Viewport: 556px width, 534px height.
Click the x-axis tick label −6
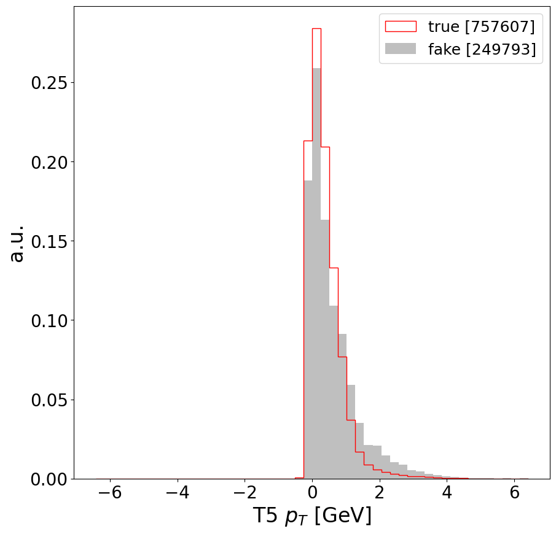point(106,494)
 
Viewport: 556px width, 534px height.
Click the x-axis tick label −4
point(173,494)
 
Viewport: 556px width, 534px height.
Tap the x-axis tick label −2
point(241,494)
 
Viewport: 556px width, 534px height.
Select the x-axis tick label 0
point(312,494)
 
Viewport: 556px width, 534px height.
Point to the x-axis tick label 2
point(380,494)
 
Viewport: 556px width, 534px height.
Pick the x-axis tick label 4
point(447,494)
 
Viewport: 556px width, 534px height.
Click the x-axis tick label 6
point(514,494)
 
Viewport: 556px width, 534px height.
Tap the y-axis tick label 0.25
point(49,83)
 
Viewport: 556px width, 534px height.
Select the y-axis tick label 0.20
point(49,162)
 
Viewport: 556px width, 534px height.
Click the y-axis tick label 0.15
point(49,241)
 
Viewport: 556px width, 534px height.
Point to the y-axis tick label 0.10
point(49,320)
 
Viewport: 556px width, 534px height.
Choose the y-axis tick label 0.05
point(49,400)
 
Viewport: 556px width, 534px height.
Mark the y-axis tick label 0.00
point(49,479)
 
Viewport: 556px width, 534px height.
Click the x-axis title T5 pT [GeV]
point(312,516)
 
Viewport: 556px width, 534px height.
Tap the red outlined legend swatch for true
point(400,26)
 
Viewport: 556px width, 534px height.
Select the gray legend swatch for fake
point(400,49)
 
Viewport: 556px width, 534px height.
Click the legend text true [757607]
point(481,26)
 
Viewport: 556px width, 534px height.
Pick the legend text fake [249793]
point(481,49)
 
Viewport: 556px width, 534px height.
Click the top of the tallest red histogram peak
point(316,28)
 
